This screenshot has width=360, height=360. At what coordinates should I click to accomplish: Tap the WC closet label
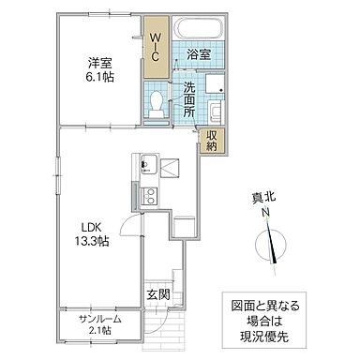tap(156, 45)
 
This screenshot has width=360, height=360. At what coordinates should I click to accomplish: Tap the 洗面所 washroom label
tap(189, 100)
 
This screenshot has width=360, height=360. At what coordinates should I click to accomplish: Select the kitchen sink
tap(148, 168)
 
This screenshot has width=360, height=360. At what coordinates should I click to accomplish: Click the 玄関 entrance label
tap(157, 295)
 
